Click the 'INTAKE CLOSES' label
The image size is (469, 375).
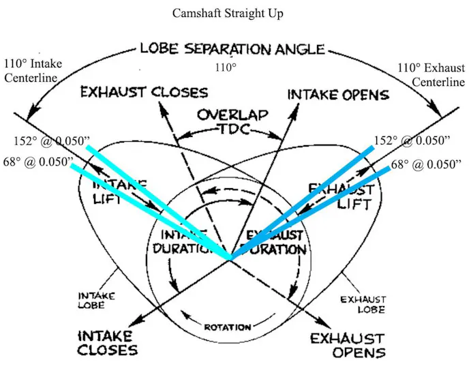pos(107,343)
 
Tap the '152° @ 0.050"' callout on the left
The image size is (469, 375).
pos(51,140)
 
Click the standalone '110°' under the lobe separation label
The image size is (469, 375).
pos(224,68)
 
